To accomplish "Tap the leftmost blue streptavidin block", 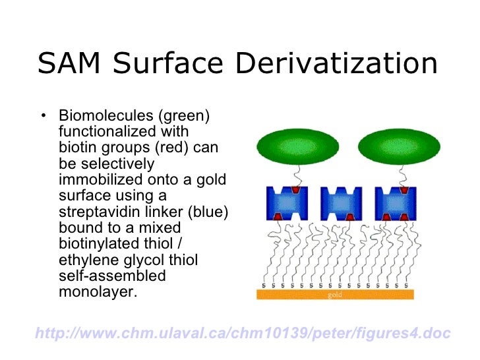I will [287, 203].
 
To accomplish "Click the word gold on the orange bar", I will [335, 295].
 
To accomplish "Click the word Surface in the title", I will [168, 63].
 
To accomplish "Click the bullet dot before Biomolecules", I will [44, 117].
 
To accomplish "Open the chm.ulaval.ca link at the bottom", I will [243, 334].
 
